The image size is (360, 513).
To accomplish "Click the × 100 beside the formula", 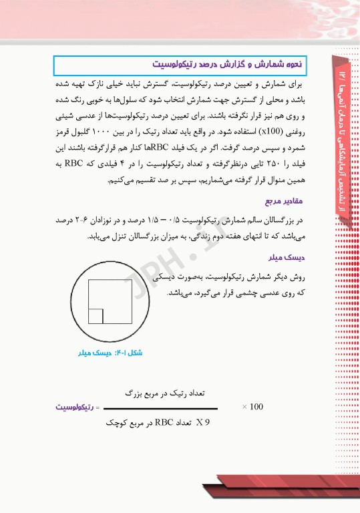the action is coord(252,406).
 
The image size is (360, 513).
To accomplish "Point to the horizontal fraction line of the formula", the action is coord(160,409).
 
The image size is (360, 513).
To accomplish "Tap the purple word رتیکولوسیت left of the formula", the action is coord(76,407).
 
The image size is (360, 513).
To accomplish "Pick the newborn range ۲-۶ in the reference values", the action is coord(78,220).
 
